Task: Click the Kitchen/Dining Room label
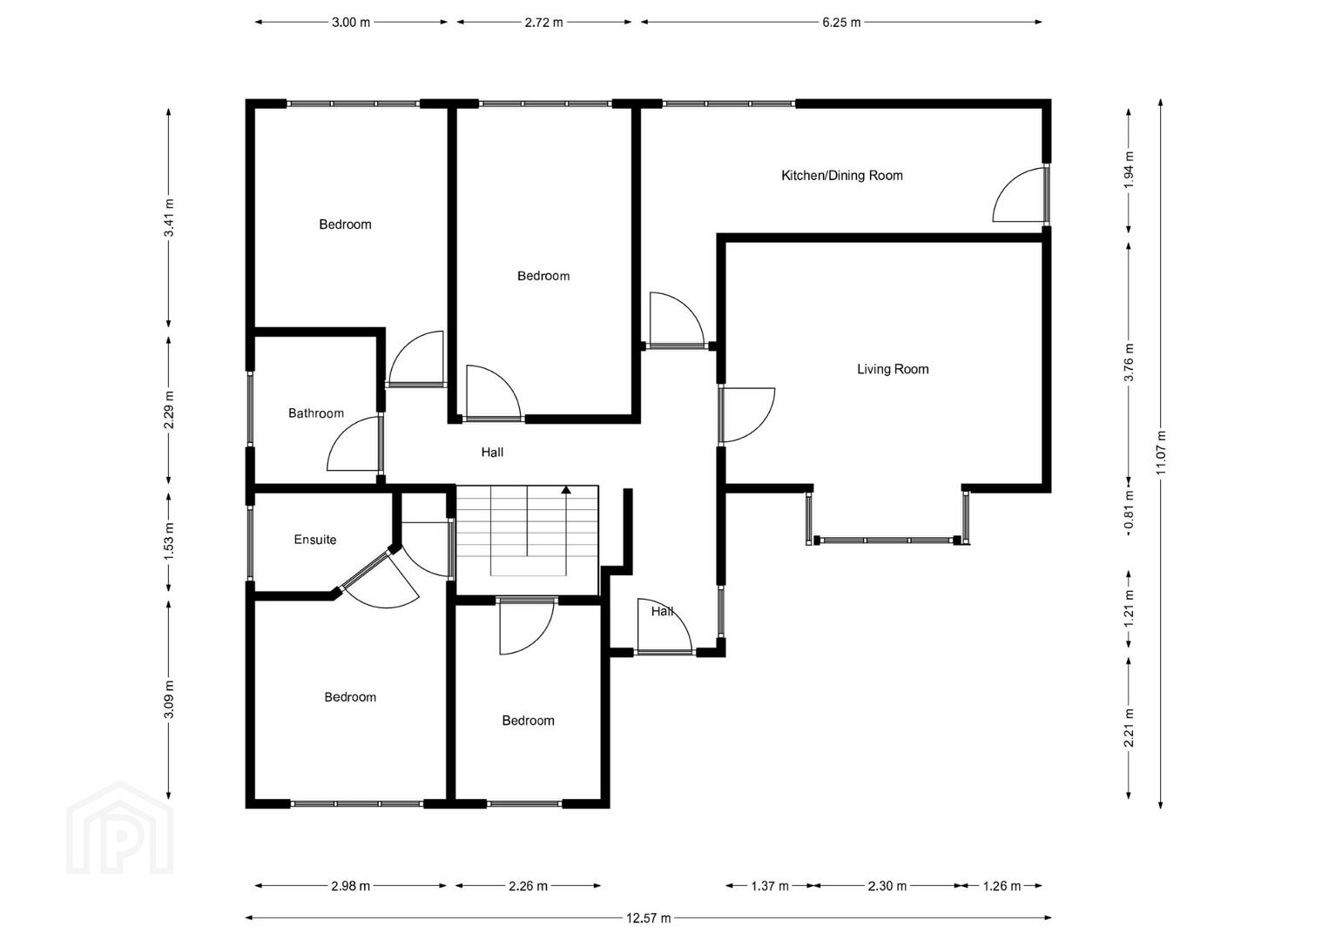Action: click(842, 176)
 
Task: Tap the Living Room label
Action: click(893, 369)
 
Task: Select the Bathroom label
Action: click(315, 413)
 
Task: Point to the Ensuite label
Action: click(315, 540)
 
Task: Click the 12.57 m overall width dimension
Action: click(649, 918)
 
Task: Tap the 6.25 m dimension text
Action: click(841, 23)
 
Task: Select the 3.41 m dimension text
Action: click(169, 218)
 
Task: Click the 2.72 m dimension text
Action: click(543, 23)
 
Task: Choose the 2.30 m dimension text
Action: click(887, 886)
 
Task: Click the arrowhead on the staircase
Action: click(567, 490)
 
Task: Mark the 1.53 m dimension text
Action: click(169, 542)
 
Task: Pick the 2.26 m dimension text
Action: click(528, 886)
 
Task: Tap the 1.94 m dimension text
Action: click(1129, 170)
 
